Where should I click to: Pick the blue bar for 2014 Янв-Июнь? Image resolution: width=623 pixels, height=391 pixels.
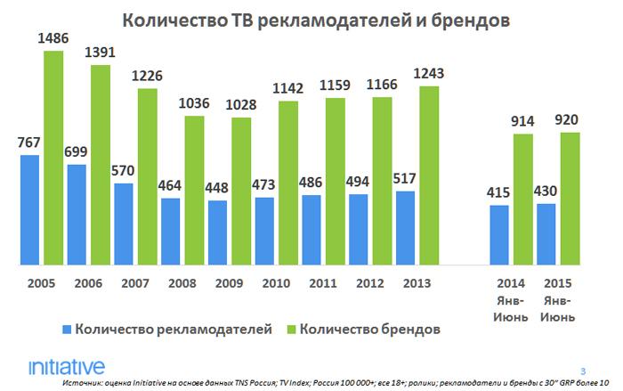[x=500, y=235]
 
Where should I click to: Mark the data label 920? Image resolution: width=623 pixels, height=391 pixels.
[x=570, y=121]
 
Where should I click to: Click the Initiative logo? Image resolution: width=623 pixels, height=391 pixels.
[x=66, y=366]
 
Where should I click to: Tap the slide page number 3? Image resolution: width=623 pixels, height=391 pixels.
[x=584, y=371]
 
